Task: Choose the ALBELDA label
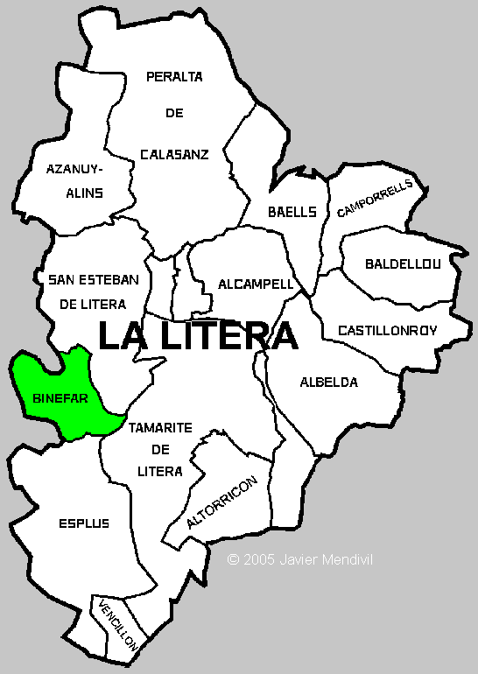pyautogui.click(x=328, y=383)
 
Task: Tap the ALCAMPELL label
pyautogui.click(x=256, y=284)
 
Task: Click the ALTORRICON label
pyautogui.click(x=221, y=503)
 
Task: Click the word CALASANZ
pyautogui.click(x=174, y=154)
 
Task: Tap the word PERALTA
pyautogui.click(x=174, y=76)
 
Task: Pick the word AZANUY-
pyautogui.click(x=74, y=168)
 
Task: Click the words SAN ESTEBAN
pyautogui.click(x=94, y=279)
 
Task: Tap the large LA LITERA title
pyautogui.click(x=197, y=336)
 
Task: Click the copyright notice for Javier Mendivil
pyautogui.click(x=299, y=558)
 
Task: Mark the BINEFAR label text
pyautogui.click(x=60, y=397)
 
